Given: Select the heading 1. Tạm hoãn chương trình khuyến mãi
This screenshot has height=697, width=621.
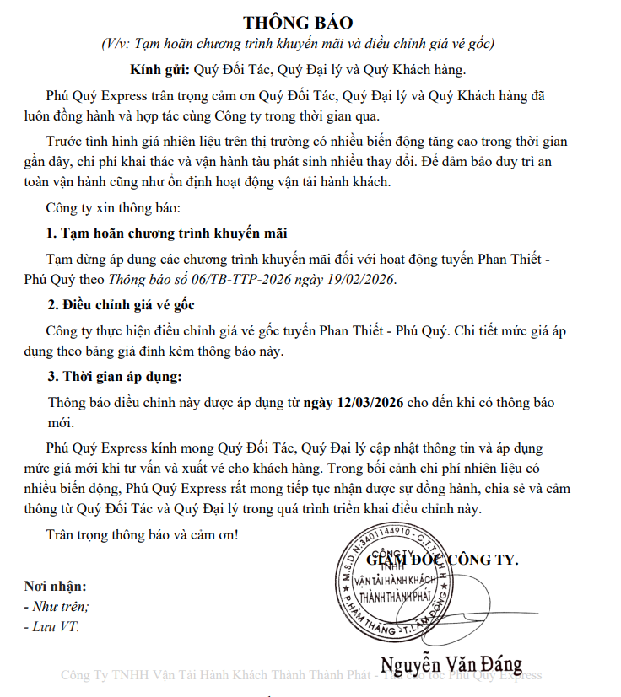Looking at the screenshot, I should (173, 233).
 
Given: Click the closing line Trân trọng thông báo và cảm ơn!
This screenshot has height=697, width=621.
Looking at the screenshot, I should (143, 533).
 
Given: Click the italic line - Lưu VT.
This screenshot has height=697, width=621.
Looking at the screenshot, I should (52, 626).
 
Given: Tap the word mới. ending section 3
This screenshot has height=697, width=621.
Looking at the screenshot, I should (61, 422).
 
